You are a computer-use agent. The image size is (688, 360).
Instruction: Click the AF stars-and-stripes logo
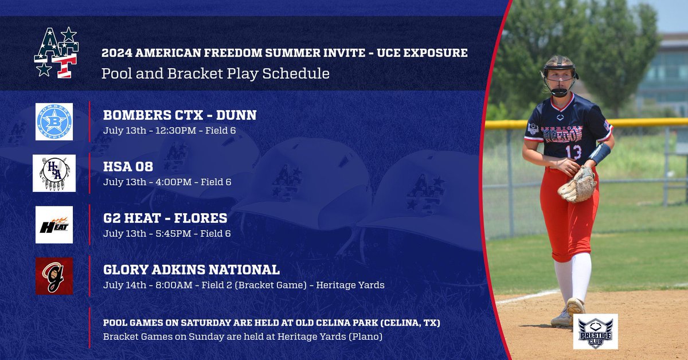click(56, 52)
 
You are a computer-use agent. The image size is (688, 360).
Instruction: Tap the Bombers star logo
click(54, 122)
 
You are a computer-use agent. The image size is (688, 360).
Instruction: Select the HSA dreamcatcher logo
click(53, 173)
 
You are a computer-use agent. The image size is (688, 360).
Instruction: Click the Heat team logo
click(54, 225)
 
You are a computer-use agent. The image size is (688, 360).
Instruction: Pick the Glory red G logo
click(54, 276)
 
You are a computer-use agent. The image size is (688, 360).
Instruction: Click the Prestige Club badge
click(595, 331)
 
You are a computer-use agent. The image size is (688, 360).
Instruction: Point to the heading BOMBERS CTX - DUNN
click(179, 115)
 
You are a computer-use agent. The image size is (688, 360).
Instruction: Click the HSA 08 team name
click(130, 167)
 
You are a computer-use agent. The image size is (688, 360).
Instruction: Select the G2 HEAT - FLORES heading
click(165, 218)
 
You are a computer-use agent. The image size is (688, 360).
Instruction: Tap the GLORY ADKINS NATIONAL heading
click(191, 269)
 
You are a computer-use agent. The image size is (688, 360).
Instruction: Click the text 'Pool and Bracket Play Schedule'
click(215, 73)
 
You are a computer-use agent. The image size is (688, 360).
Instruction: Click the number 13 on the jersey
click(573, 152)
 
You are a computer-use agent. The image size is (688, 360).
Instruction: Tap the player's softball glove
click(577, 185)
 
